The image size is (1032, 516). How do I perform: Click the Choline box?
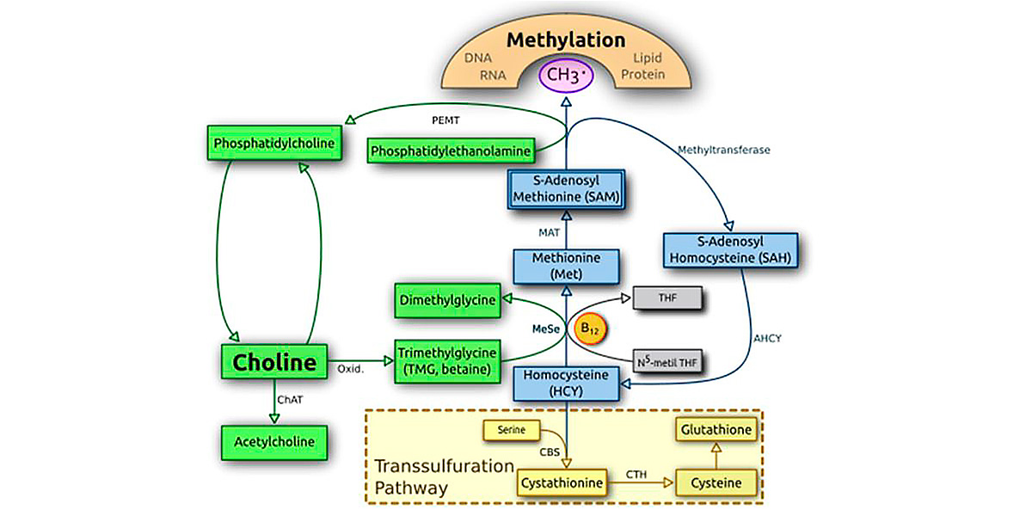pyautogui.click(x=275, y=363)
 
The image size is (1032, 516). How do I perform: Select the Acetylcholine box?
pyautogui.click(x=274, y=441)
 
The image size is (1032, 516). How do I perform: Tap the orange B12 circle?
pyautogui.click(x=590, y=329)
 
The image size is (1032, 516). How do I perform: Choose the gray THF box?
pyautogui.click(x=668, y=299)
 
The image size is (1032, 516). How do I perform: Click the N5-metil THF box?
pyautogui.click(x=667, y=361)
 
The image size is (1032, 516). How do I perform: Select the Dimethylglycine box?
pyautogui.click(x=448, y=300)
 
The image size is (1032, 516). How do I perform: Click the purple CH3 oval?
pyautogui.click(x=567, y=77)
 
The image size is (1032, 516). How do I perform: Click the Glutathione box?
pyautogui.click(x=716, y=428)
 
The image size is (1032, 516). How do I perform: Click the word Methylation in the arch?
pyautogui.click(x=566, y=40)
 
